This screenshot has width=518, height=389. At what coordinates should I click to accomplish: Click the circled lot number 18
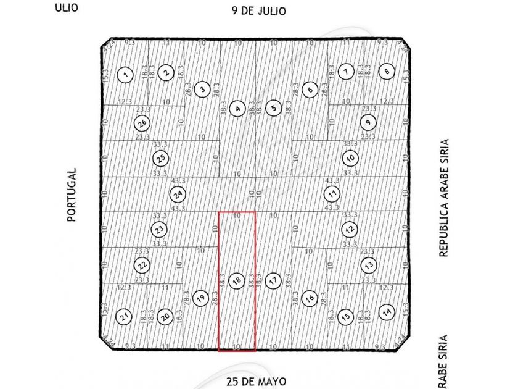[x=236, y=281]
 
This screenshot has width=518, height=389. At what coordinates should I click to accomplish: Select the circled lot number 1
[x=126, y=75]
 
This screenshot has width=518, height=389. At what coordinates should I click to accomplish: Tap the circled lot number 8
[x=387, y=71]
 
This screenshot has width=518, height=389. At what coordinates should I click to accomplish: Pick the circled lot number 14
[x=387, y=311]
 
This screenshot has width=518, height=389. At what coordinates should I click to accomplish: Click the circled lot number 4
[x=237, y=109]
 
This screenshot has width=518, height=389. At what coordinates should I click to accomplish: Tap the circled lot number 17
[x=273, y=281]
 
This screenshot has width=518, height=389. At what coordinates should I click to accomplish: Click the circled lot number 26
[x=142, y=123]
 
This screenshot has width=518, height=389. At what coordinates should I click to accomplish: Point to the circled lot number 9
[x=369, y=122]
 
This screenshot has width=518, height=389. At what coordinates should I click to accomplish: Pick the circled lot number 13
[x=369, y=266]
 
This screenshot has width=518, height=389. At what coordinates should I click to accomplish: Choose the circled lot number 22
[x=142, y=266]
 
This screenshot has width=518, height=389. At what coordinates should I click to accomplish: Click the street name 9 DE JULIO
[x=259, y=11]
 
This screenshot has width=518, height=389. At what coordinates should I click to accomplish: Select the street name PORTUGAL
[x=72, y=194]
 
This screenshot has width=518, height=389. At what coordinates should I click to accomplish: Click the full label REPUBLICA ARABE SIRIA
[x=443, y=198]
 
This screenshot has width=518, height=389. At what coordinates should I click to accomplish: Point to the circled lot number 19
[x=200, y=298]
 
